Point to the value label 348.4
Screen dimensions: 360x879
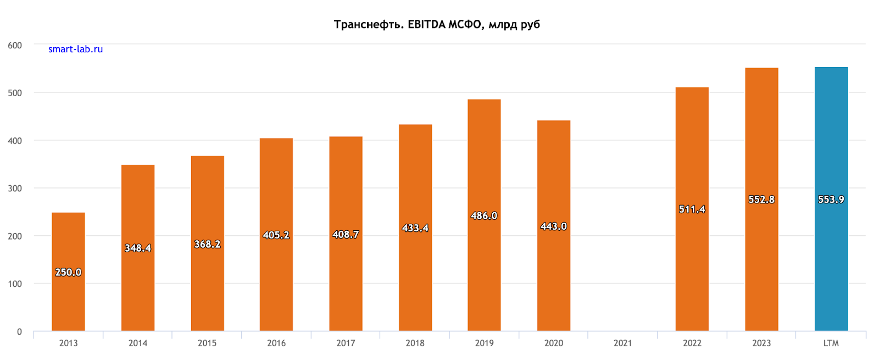(138, 248)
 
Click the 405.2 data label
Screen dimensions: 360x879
(276, 235)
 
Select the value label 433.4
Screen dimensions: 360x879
(415, 228)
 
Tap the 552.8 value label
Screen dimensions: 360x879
(761, 200)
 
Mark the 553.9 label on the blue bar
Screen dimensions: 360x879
(831, 200)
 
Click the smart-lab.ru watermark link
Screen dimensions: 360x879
(75, 49)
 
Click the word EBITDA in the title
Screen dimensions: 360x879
(426, 24)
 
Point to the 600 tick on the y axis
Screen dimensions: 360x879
(15, 46)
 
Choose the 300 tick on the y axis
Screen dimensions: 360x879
(15, 189)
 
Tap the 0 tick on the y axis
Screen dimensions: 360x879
(19, 331)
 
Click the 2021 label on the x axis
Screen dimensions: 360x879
(622, 343)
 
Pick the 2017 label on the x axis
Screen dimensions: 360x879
(346, 343)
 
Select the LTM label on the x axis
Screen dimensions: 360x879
(831, 343)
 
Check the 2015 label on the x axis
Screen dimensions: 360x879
(207, 343)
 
